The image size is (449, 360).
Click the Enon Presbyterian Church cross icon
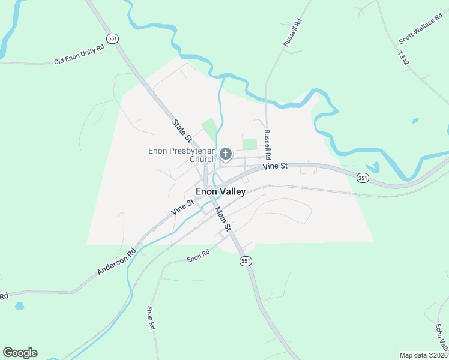(x=226, y=155)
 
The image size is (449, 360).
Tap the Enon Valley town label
(x=220, y=191)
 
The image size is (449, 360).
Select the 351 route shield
(x=362, y=178)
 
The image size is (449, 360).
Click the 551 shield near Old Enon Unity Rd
(x=113, y=38)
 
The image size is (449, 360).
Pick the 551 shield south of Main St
(x=245, y=261)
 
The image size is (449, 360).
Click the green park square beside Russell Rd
(x=249, y=144)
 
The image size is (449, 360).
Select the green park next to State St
(x=209, y=128)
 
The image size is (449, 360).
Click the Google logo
(x=20, y=353)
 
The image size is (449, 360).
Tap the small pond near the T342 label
(x=415, y=121)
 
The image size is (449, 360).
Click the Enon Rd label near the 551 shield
(x=197, y=257)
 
